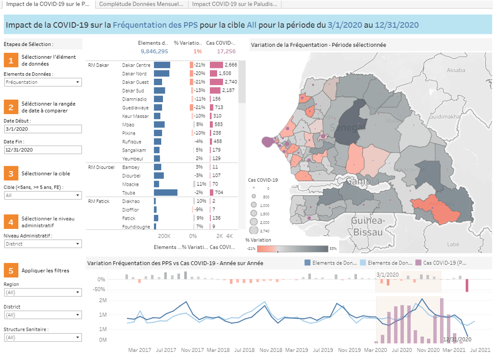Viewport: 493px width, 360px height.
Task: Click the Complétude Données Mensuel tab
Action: [141, 4]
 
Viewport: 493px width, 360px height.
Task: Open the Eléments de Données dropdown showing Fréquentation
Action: [43, 82]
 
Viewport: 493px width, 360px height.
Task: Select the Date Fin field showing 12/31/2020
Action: [43, 150]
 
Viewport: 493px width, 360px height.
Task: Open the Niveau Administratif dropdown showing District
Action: [43, 244]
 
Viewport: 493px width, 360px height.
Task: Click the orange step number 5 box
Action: [11, 270]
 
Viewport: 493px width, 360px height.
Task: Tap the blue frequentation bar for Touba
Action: [166, 193]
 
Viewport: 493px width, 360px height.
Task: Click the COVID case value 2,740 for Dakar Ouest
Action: [231, 82]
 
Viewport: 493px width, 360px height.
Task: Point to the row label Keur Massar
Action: [134, 116]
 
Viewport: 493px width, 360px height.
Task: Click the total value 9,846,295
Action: [154, 51]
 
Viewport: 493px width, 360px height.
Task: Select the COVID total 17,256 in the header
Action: [226, 51]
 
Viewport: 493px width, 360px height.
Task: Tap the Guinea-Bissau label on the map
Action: [368, 226]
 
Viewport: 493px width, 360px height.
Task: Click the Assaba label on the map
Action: [456, 70]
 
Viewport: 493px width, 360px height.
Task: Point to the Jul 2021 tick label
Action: [479, 350]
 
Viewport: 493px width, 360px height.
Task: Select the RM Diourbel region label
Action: [98, 167]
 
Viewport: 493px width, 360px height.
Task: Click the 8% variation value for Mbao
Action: [199, 124]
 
